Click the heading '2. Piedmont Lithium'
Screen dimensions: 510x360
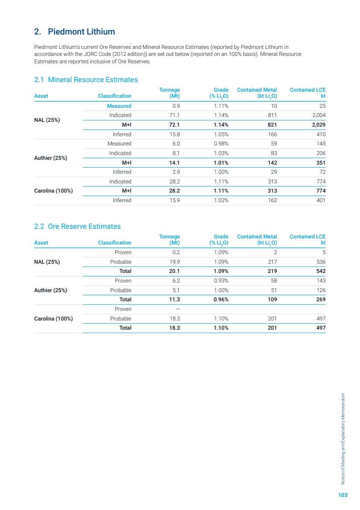click(x=75, y=32)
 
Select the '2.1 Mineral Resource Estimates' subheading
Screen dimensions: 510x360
click(x=86, y=79)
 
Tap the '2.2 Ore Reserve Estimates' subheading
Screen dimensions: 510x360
click(x=77, y=226)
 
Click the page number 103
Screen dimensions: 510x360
click(x=343, y=495)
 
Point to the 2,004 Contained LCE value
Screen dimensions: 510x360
click(x=317, y=115)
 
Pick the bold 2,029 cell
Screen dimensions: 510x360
click(x=317, y=125)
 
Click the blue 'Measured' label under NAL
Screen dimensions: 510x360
click(x=119, y=106)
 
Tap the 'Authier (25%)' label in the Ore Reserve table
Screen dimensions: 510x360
click(x=51, y=290)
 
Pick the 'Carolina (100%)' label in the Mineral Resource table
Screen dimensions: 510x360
click(x=53, y=191)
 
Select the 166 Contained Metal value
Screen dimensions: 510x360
click(x=271, y=134)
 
